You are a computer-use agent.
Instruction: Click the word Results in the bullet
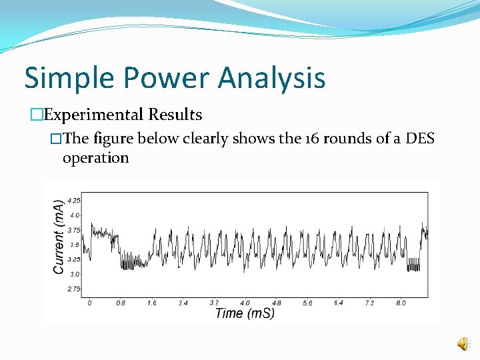(x=175, y=115)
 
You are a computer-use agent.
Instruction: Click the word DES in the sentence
(x=419, y=139)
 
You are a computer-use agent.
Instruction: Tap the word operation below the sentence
(x=95, y=158)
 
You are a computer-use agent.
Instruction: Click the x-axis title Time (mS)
(x=245, y=313)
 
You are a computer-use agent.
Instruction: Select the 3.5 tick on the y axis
(x=75, y=245)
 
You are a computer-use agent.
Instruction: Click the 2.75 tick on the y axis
(x=73, y=289)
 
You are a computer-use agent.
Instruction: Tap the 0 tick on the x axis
(x=90, y=303)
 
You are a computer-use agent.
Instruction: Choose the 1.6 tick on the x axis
(x=151, y=303)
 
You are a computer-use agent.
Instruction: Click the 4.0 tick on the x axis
(x=245, y=303)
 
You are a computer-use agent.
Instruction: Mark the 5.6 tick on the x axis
(x=307, y=303)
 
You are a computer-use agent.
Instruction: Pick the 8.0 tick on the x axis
(x=400, y=303)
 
